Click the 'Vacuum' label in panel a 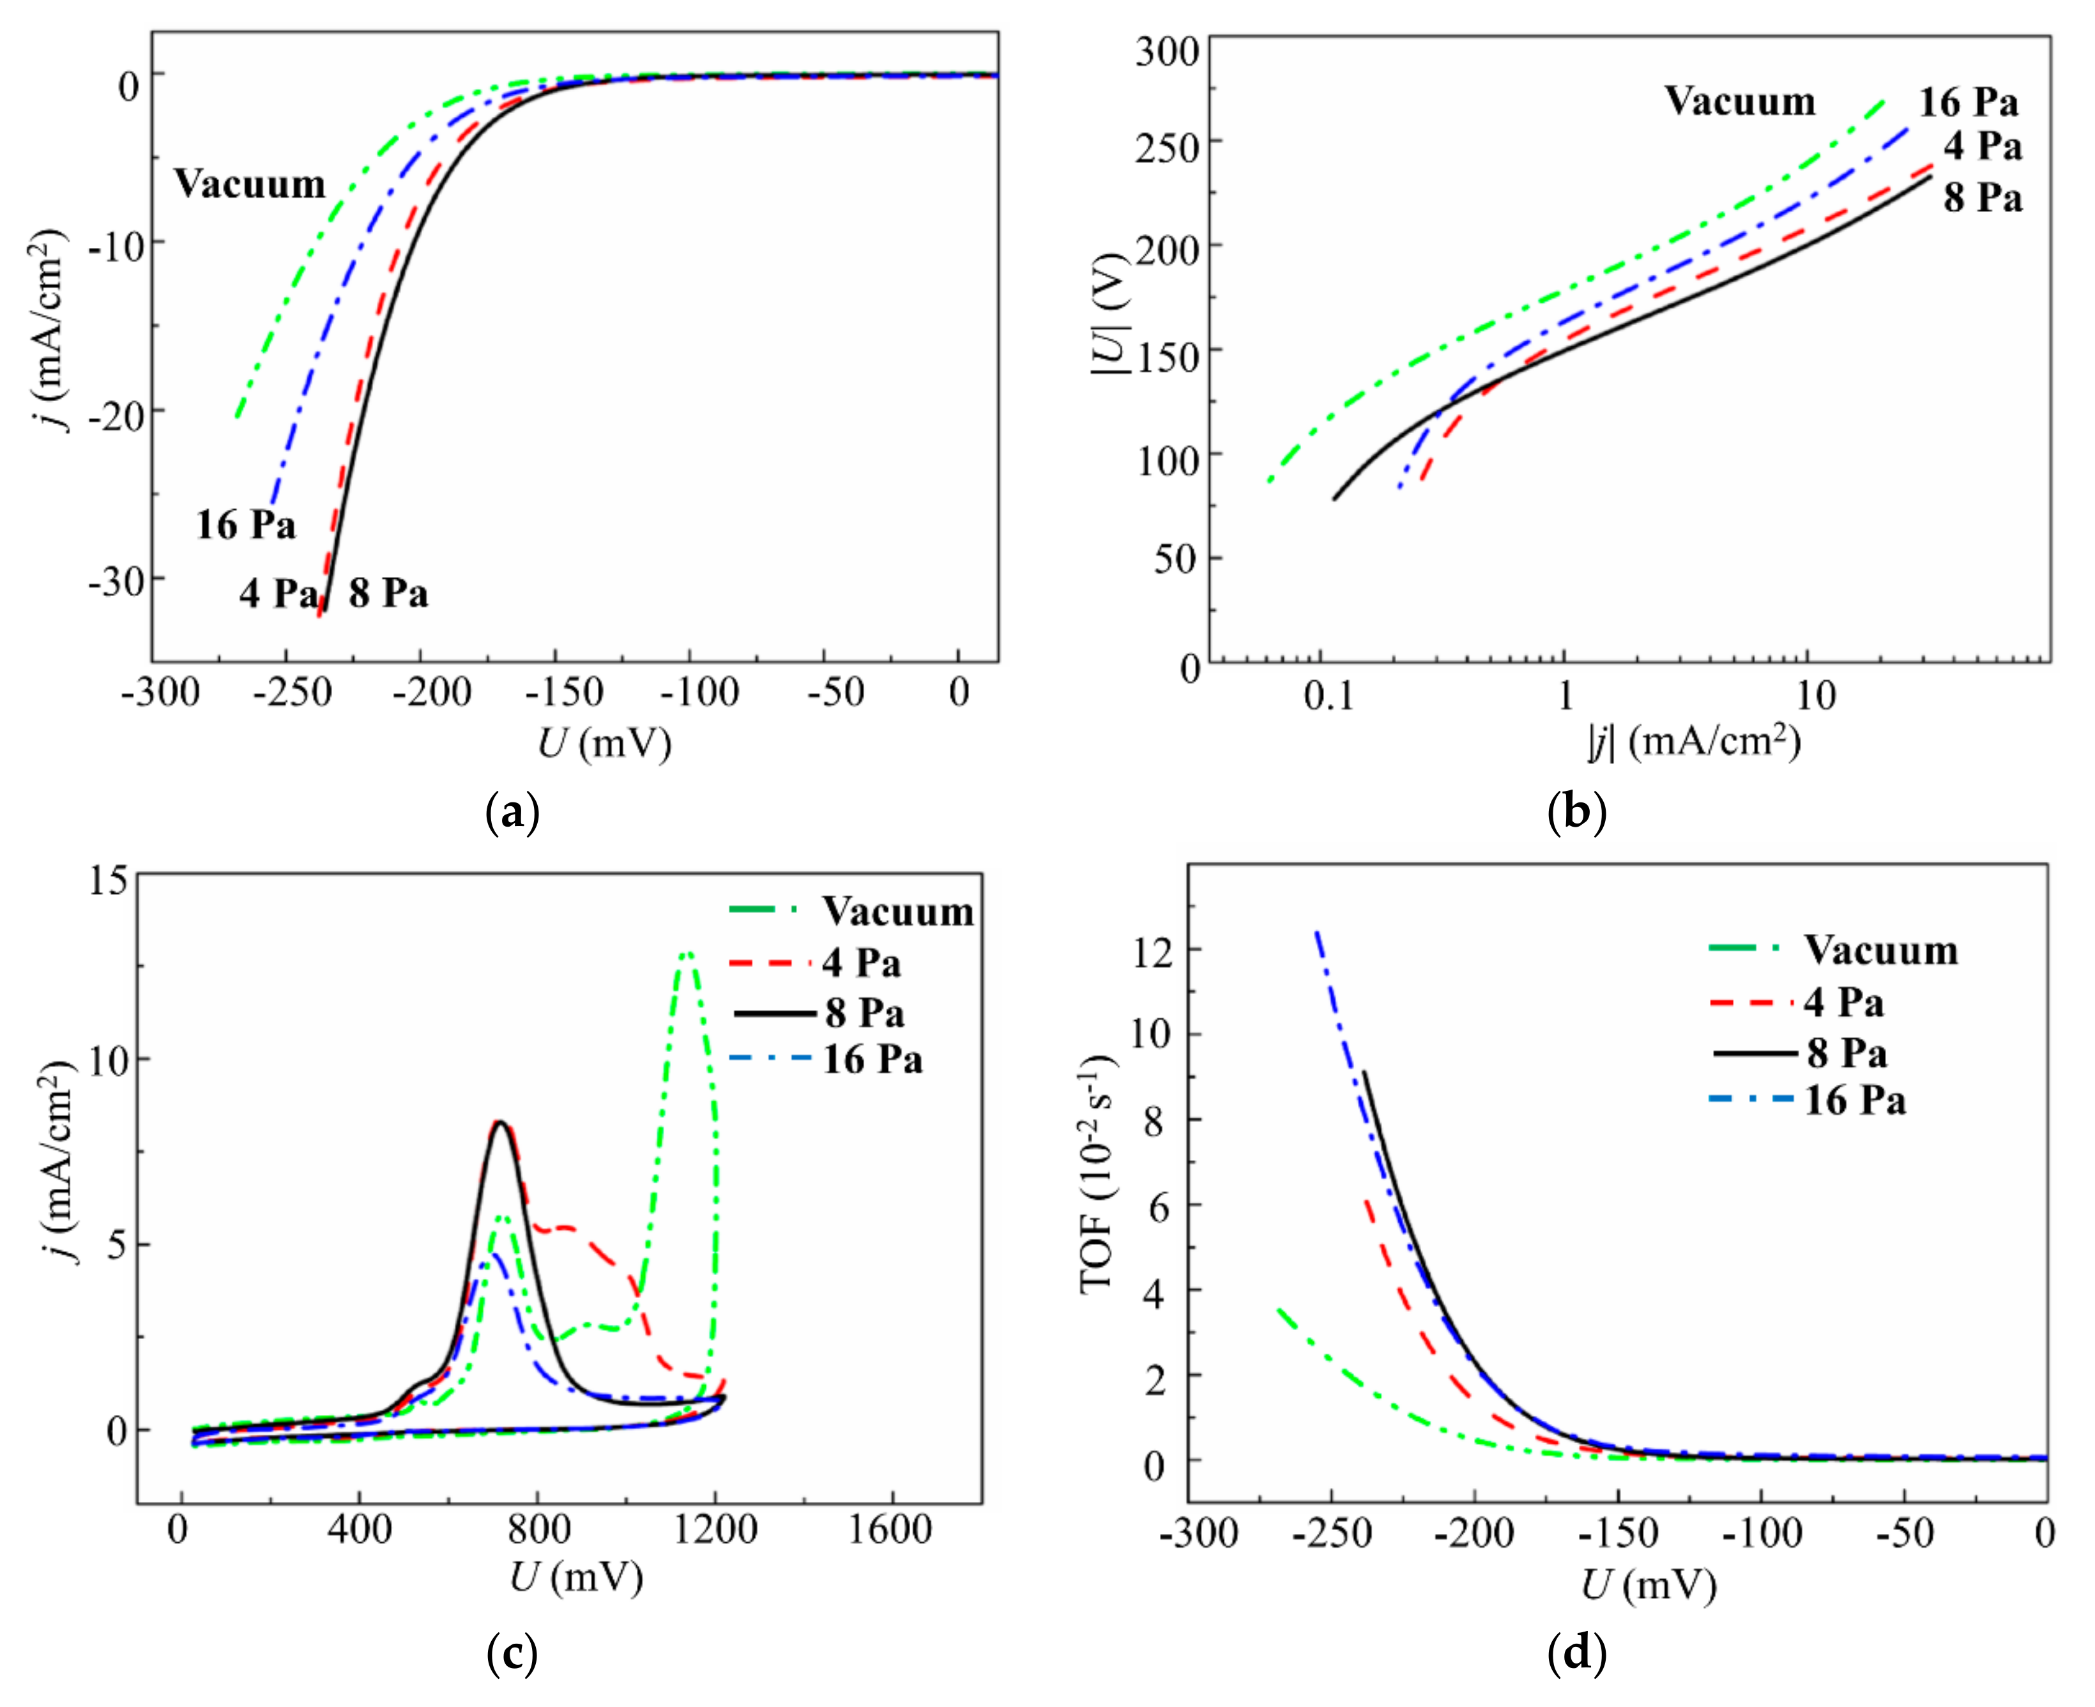click(x=250, y=184)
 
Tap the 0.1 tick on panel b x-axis click(x=1329, y=696)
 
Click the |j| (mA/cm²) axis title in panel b click(x=1694, y=742)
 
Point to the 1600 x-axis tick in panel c click(x=891, y=1531)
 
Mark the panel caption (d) click(x=1577, y=1654)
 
